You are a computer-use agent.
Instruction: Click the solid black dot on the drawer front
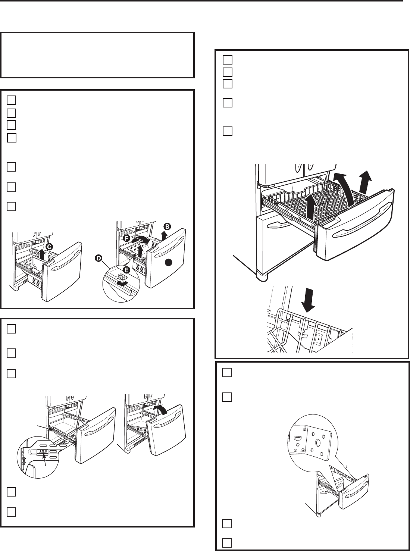point(168,263)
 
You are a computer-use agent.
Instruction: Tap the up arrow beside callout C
point(42,255)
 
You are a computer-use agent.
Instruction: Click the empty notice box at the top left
point(97,55)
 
